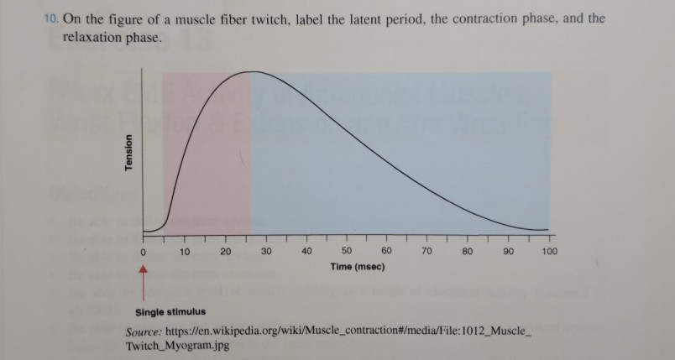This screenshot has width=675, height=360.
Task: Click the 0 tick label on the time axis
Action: coord(144,251)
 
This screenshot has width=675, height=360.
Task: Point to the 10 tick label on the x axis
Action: coord(184,251)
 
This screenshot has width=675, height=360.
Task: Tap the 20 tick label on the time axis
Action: coord(225,251)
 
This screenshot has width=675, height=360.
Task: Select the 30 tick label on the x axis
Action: coord(266,251)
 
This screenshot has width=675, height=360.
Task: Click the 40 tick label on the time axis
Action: coord(306,251)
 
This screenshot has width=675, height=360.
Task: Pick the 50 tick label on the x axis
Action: coord(348,251)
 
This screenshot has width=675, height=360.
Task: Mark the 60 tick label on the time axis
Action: coord(388,251)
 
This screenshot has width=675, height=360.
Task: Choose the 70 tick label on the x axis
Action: coord(427,251)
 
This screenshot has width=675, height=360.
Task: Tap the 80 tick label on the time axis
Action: coord(468,251)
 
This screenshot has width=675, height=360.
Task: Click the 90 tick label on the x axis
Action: coord(508,251)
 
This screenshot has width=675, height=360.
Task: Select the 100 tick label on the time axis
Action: coord(549,251)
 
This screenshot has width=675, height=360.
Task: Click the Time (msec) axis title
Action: coord(349,266)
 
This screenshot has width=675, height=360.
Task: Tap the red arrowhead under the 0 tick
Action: coord(144,270)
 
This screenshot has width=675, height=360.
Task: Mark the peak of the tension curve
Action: coord(251,72)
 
